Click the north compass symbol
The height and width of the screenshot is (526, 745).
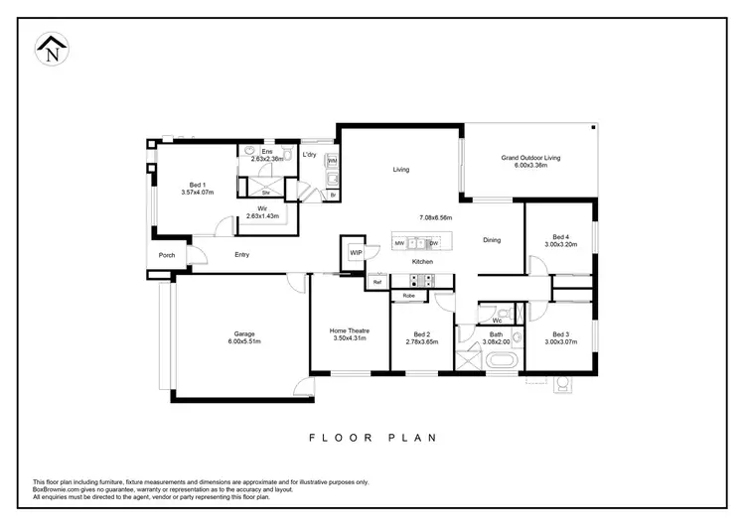[51, 51]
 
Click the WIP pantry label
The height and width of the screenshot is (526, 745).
[355, 253]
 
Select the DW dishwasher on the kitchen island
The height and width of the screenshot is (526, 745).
[434, 243]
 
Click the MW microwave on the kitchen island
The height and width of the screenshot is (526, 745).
[399, 243]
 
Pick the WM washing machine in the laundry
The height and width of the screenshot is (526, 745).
[333, 161]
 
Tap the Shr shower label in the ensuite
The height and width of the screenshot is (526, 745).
[265, 192]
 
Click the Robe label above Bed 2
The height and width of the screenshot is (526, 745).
[408, 296]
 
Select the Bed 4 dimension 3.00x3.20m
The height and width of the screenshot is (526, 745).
[560, 244]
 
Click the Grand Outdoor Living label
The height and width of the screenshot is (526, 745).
[530, 158]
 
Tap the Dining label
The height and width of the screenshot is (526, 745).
[492, 240]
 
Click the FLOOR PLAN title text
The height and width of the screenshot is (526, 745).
[372, 437]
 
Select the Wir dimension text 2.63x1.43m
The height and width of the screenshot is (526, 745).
[262, 215]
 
